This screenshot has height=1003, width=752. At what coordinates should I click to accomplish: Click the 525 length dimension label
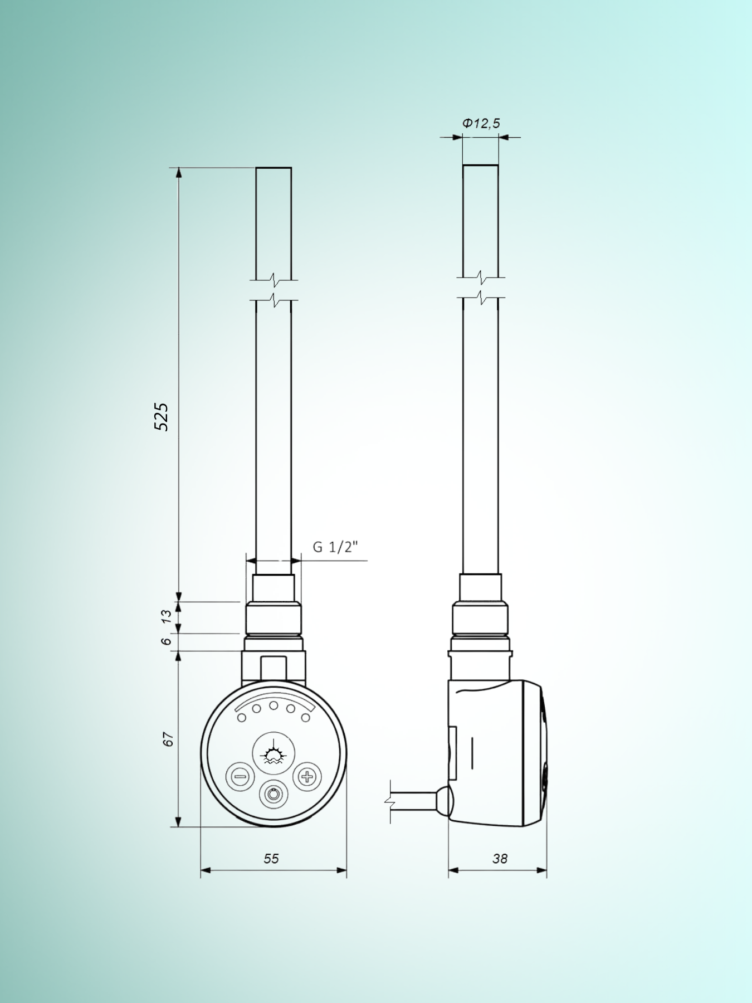(x=161, y=416)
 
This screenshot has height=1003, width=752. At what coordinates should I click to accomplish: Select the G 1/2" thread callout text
(x=335, y=547)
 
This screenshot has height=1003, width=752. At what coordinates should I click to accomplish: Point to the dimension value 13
(x=166, y=616)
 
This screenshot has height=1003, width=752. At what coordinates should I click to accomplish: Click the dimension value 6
(x=166, y=641)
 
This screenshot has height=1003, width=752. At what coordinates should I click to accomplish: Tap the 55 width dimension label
(x=271, y=859)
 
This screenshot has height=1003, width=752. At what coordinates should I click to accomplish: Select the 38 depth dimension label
(x=500, y=859)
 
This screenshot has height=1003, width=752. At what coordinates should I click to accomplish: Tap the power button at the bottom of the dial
(x=274, y=794)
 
